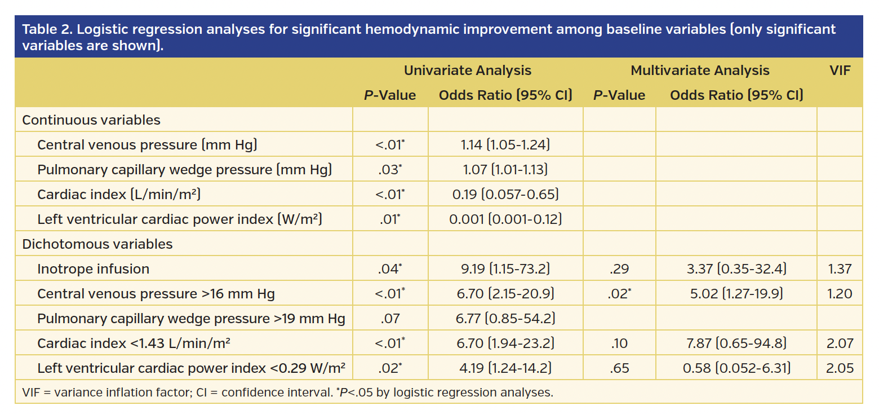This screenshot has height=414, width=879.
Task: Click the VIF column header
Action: click(x=840, y=71)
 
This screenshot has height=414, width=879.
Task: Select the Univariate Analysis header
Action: click(x=467, y=71)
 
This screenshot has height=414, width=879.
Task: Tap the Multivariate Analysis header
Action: click(x=700, y=71)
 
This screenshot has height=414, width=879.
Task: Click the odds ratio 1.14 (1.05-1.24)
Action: click(x=505, y=145)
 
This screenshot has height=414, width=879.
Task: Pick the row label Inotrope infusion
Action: click(x=93, y=269)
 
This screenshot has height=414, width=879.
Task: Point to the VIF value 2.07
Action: click(x=840, y=343)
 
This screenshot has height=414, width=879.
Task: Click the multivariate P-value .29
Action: click(x=619, y=269)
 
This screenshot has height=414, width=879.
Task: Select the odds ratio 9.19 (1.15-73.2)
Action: click(x=505, y=269)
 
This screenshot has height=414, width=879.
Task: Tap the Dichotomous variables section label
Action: click(x=97, y=244)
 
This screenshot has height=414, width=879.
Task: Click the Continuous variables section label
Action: click(x=91, y=120)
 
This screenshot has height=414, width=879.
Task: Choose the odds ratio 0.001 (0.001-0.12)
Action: click(x=505, y=219)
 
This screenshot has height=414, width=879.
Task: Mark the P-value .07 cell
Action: click(x=390, y=319)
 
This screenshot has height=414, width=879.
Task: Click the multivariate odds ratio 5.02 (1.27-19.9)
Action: click(x=736, y=294)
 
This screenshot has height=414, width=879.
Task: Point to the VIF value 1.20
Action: click(x=840, y=294)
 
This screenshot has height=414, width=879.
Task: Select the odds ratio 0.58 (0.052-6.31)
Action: click(x=736, y=368)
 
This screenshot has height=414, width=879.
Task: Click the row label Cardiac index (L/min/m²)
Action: click(x=119, y=195)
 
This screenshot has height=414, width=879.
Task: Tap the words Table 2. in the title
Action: click(x=46, y=30)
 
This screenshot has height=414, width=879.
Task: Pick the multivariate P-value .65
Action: click(x=619, y=368)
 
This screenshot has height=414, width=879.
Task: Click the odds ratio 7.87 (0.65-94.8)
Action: click(x=736, y=343)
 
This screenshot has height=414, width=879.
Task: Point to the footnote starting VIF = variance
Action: click(x=287, y=393)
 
